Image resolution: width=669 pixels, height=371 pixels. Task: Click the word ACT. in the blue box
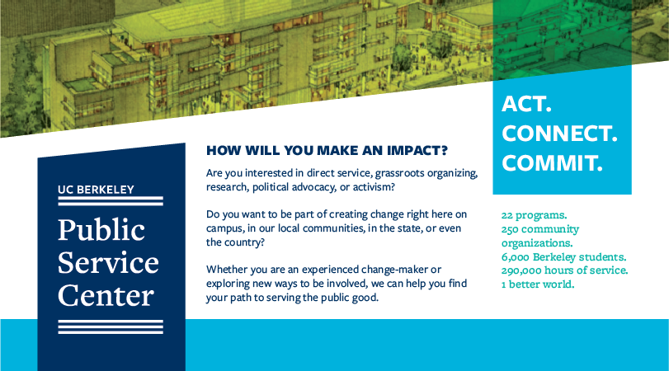526,104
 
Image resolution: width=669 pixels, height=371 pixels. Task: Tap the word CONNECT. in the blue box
559,134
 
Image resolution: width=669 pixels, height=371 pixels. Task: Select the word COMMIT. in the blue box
552,163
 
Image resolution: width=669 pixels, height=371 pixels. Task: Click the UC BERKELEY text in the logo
96,190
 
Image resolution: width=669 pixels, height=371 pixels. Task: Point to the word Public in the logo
101,229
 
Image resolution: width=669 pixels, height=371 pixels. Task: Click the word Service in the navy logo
108,262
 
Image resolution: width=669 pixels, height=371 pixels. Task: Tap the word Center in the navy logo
106,295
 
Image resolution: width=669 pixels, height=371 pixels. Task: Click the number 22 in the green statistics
506,215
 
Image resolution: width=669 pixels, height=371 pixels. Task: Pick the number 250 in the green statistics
510,229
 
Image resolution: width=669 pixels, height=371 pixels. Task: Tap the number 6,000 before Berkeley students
516,257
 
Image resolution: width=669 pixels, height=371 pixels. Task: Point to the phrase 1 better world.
538,284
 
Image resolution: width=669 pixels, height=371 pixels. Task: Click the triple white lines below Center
111,326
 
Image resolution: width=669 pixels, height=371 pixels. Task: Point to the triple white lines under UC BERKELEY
111,201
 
